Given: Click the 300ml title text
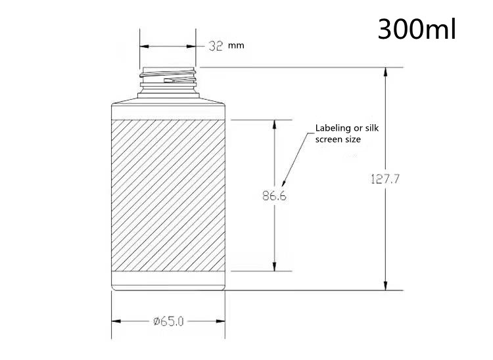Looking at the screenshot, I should [416, 29].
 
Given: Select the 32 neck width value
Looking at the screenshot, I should [216, 46].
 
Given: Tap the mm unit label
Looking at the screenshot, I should [235, 47].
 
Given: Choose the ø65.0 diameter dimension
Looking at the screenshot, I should [168, 321].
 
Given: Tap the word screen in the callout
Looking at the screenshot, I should [329, 139].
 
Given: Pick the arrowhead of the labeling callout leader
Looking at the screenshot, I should [284, 183].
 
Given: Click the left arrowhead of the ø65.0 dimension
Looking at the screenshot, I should [116, 321].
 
